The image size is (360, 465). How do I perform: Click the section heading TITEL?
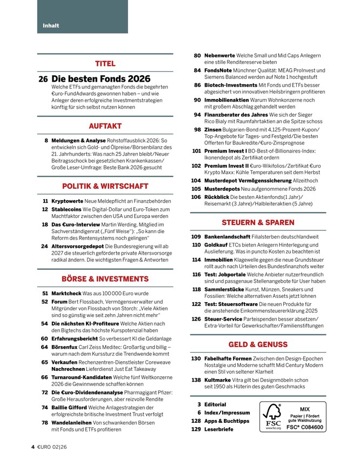tap(105, 63)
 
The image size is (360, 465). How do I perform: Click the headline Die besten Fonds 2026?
tap(101, 79)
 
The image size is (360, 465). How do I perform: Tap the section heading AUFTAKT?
tap(105, 126)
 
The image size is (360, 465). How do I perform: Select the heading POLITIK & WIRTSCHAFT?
tap(105, 186)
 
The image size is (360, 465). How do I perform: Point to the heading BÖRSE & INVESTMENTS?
tap(105, 279)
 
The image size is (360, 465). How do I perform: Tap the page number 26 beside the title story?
tap(43, 79)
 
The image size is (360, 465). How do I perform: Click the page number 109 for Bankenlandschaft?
tap(196, 237)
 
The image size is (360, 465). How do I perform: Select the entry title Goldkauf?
tap(216, 244)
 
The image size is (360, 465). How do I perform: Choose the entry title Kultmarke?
tap(217, 380)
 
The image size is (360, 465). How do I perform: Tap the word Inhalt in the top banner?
tap(51, 25)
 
